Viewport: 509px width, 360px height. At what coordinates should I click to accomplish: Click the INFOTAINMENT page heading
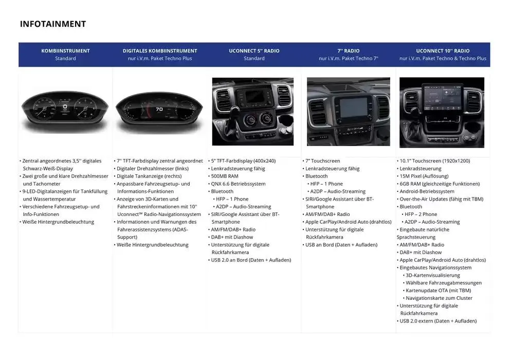[53, 24]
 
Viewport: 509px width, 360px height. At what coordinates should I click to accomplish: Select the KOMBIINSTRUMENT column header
[66, 50]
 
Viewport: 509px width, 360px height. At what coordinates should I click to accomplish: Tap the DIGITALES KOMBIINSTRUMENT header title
[160, 50]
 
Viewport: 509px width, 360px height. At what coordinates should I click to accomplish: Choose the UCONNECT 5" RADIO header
[254, 50]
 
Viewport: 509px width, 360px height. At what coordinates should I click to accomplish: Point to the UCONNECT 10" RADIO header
[443, 50]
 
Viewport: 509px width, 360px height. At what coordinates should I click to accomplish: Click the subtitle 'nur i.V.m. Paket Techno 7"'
[348, 59]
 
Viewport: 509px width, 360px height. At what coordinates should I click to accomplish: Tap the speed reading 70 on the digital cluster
[159, 109]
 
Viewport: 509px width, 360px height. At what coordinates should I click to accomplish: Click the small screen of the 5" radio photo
[254, 96]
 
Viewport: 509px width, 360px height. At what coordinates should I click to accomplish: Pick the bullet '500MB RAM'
[225, 176]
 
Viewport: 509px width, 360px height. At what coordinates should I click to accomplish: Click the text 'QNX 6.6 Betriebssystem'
[238, 184]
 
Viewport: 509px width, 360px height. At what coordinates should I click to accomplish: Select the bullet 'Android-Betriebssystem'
[427, 191]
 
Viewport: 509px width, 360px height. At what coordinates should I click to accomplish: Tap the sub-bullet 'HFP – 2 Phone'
[421, 214]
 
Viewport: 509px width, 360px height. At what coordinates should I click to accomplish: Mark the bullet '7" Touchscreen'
[323, 160]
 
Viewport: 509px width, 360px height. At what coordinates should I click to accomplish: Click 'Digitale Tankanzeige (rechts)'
[149, 176]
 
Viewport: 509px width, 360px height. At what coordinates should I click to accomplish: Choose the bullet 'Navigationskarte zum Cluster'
[439, 298]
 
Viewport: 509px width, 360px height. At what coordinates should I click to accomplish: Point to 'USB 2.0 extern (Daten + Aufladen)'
[438, 321]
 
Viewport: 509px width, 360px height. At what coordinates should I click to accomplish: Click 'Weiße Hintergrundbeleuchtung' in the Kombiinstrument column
[58, 222]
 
